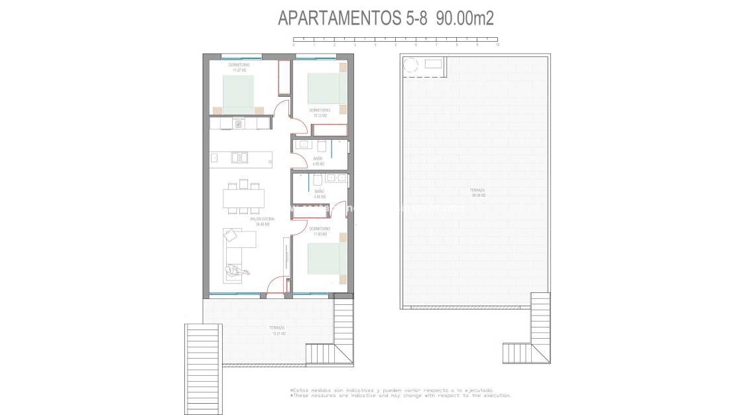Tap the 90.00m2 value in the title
465,18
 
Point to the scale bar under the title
396,40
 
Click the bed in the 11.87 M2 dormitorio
238,94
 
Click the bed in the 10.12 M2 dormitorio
327,88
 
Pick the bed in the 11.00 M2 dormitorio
327,258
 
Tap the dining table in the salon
244,198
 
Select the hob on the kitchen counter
239,123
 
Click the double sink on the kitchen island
239,158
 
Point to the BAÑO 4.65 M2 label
318,160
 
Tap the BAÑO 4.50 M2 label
319,194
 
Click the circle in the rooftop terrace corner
410,65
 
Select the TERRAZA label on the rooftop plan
478,192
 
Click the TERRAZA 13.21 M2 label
277,330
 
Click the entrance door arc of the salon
275,286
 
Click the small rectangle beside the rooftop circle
435,64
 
